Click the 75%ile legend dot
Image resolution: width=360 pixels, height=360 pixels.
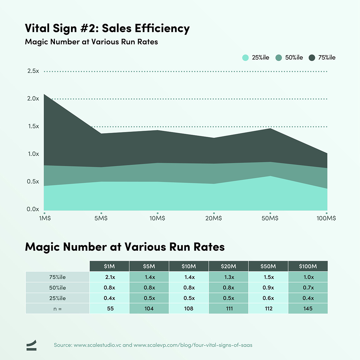312,58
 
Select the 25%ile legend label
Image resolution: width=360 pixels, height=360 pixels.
260,58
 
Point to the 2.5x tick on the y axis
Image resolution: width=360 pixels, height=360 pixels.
33,71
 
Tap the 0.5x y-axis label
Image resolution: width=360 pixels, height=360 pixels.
33,181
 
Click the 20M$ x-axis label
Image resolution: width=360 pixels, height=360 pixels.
214,218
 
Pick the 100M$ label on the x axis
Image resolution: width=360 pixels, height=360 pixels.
326,218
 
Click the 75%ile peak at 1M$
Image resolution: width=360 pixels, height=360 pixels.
44,94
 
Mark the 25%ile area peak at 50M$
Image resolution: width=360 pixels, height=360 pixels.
270,176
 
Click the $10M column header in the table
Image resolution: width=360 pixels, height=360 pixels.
189,266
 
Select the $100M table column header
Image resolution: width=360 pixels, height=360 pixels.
308,266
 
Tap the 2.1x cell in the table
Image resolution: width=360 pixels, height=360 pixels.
109,277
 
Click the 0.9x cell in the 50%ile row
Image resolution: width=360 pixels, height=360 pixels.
268,288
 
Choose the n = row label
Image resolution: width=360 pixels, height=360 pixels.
58,309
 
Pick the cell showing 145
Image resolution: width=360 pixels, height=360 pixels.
308,309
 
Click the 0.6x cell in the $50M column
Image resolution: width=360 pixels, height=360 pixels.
268,298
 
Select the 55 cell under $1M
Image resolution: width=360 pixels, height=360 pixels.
110,309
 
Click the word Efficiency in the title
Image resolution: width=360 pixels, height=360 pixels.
162,28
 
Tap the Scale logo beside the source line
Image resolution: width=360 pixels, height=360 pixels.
31,345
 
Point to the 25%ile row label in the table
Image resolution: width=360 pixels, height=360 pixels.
58,298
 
